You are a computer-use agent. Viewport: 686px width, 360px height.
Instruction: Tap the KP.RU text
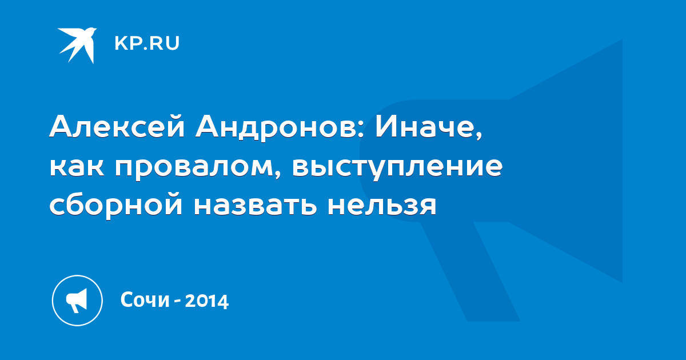pyautogui.click(x=147, y=43)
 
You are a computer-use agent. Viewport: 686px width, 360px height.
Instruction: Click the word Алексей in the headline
pyautogui.click(x=117, y=126)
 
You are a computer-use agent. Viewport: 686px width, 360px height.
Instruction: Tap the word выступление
pyautogui.click(x=397, y=168)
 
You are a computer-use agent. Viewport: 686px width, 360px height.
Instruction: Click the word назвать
pyautogui.click(x=256, y=206)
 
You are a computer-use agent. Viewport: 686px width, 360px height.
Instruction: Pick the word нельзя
pyautogui.click(x=382, y=206)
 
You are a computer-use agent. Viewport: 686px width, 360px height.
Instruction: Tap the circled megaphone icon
pyautogui.click(x=77, y=301)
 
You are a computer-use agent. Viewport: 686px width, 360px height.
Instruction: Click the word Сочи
pyautogui.click(x=145, y=299)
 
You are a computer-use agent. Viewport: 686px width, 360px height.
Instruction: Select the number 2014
pyautogui.click(x=207, y=301)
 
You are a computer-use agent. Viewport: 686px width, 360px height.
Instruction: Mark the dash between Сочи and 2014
pyautogui.click(x=177, y=301)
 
